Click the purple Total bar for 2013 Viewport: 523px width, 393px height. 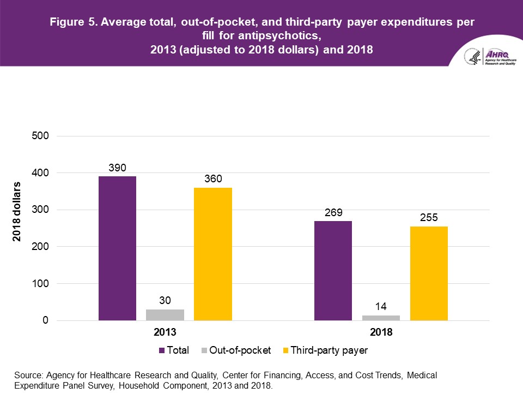click(117, 248)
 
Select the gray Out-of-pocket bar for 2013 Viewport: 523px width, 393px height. click(165, 315)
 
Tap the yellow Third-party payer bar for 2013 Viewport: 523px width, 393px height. click(213, 254)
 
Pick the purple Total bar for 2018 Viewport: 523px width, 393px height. click(333, 271)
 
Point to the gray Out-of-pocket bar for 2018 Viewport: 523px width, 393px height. click(381, 318)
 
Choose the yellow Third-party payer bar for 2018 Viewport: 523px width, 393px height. click(429, 273)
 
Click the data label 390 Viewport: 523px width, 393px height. click(117, 168)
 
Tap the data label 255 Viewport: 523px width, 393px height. click(429, 217)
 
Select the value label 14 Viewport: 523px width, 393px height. click(381, 306)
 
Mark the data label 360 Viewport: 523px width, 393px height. click(213, 178)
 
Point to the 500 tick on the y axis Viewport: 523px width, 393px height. click(41, 136)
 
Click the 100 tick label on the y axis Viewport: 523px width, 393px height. click(41, 284)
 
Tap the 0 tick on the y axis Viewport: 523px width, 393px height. click(46, 321)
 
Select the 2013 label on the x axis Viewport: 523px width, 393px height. click(165, 332)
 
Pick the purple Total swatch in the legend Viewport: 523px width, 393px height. click(162, 350)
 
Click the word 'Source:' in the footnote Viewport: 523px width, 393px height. click(29, 375)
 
